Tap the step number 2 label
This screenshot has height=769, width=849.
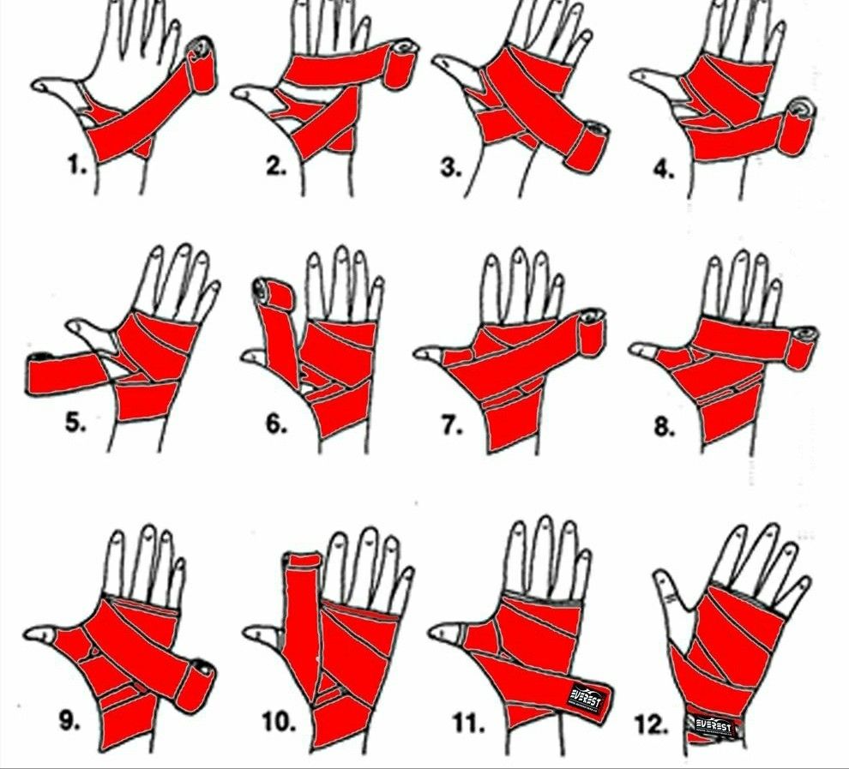275,167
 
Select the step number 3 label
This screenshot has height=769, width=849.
450,168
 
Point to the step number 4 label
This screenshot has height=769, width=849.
663,170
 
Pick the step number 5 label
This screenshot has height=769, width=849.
75,422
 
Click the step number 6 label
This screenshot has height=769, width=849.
275,425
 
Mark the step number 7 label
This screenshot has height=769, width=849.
452,426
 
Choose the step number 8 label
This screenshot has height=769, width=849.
664,427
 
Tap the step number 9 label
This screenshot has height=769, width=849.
69,721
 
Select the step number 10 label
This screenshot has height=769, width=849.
279,722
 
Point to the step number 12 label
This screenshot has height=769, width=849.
652,725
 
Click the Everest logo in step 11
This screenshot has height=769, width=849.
587,695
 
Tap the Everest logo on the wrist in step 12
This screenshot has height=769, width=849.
714,724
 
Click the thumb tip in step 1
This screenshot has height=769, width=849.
39,85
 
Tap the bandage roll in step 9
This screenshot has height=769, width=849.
195,685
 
